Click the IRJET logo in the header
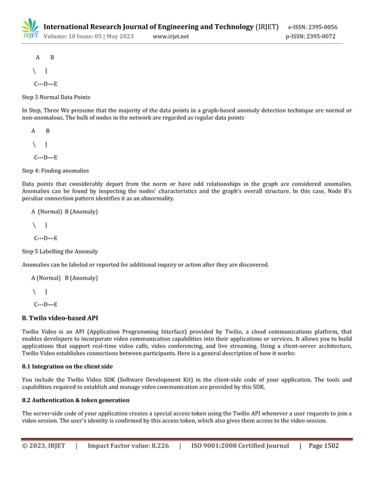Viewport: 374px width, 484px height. [x=30, y=29]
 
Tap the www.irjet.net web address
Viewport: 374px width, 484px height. [x=171, y=36]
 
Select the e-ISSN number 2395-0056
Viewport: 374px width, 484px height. [x=320, y=27]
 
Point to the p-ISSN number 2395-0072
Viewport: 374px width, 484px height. [x=320, y=36]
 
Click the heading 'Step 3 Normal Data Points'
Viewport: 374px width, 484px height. [x=56, y=97]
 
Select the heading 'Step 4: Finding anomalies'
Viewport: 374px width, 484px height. [x=55, y=171]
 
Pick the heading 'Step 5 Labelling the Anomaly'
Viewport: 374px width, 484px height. [x=60, y=251]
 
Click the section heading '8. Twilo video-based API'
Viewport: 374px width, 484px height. [x=60, y=318]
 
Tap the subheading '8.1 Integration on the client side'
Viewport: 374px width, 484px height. [x=67, y=366]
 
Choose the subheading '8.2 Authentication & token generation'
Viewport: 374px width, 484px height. [x=76, y=400]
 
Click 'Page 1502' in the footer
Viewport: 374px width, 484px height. [x=324, y=446]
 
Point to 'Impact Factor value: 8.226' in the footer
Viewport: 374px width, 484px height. [x=128, y=446]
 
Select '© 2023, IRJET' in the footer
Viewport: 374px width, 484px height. [x=44, y=446]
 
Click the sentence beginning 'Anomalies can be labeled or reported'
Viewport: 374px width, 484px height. [x=145, y=264]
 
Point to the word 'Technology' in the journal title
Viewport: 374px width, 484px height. [x=229, y=26]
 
